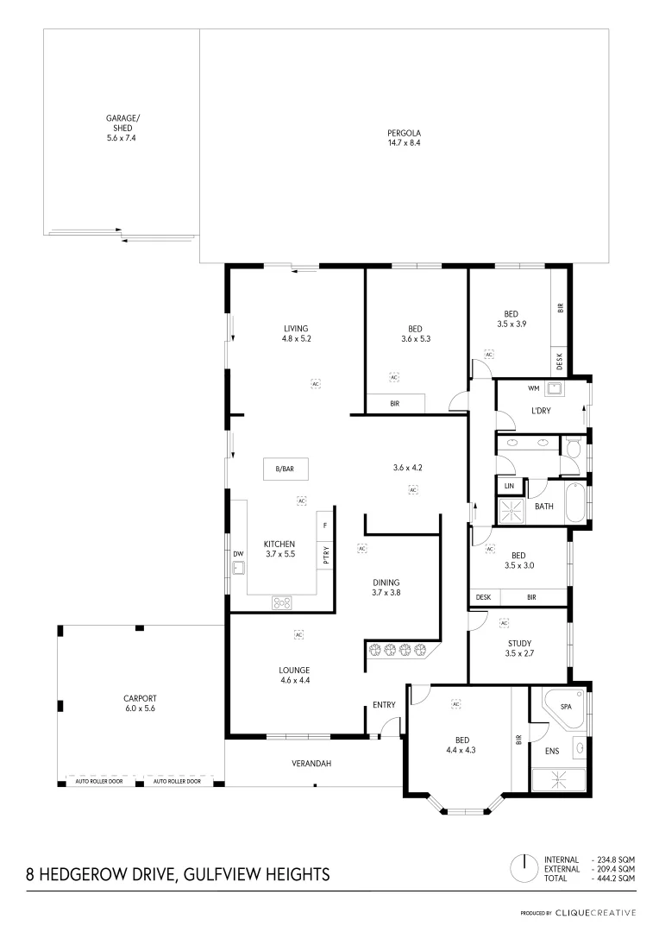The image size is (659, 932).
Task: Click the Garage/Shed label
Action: (122, 127)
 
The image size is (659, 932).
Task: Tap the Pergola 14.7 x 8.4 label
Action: (404, 137)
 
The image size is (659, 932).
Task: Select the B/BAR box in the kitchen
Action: (285, 469)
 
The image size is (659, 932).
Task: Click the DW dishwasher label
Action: (237, 553)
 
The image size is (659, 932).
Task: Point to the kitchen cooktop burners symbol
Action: (283, 603)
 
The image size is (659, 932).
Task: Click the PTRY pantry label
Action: (326, 556)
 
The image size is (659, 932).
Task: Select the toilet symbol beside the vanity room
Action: (571, 448)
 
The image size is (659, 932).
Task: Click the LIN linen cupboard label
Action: (509, 486)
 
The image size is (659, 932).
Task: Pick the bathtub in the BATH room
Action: (575, 503)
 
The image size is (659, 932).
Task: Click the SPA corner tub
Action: (564, 707)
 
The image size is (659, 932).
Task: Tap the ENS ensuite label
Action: (551, 751)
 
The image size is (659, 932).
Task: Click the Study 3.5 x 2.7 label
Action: (518, 648)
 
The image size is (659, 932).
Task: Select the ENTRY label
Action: (384, 705)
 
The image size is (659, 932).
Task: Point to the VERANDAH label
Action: (311, 764)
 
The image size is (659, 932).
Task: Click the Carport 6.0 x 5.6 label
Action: (139, 702)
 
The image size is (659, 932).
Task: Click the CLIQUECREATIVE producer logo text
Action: (595, 912)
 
